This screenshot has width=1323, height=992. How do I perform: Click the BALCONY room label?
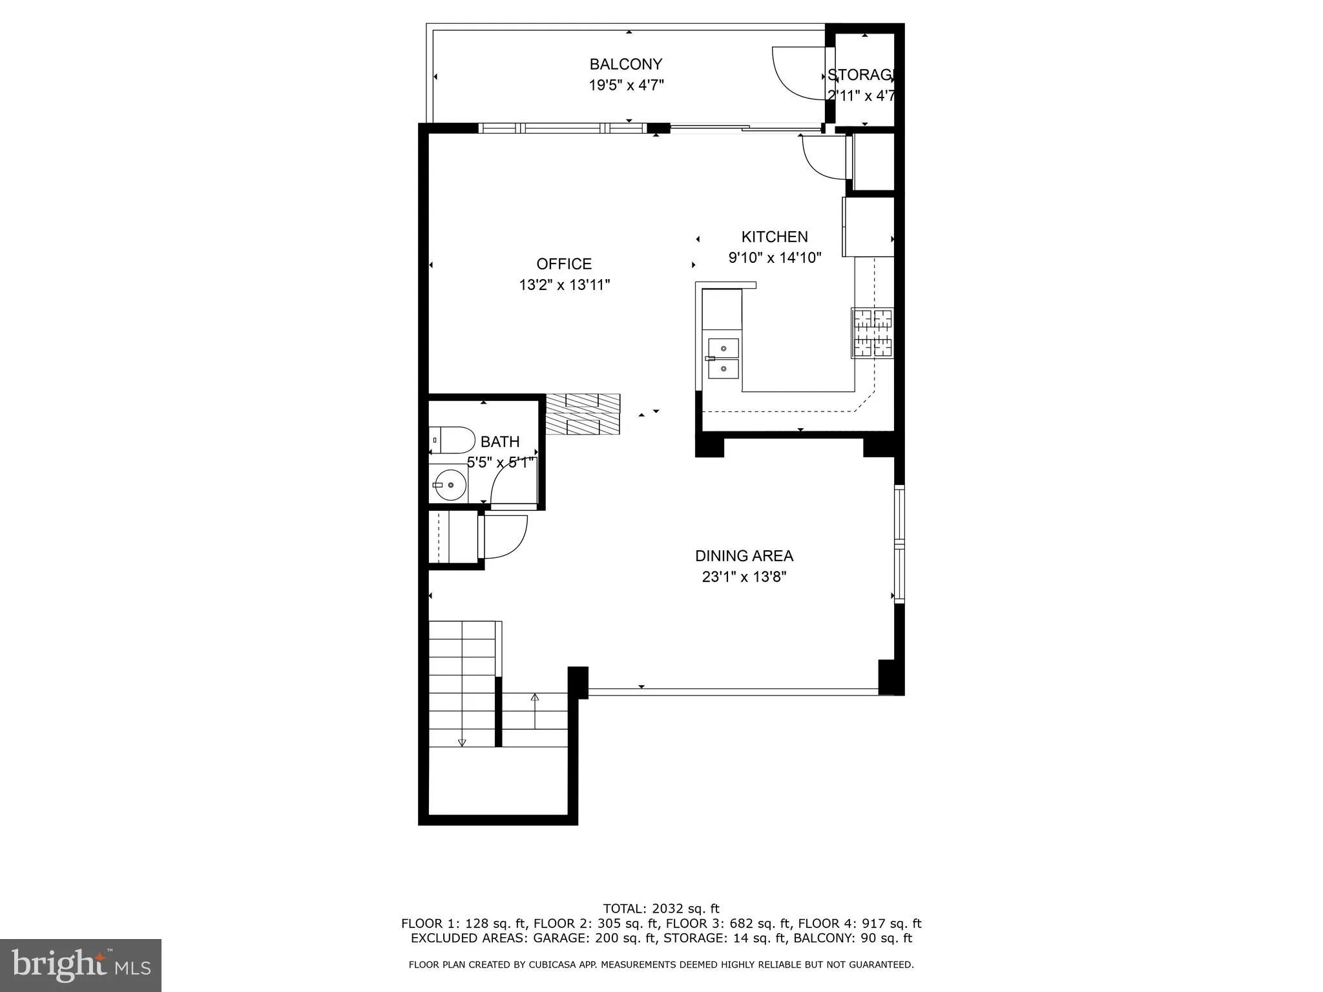click(625, 64)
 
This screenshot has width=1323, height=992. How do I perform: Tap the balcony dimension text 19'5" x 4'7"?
click(625, 85)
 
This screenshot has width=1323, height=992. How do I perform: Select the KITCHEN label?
click(774, 237)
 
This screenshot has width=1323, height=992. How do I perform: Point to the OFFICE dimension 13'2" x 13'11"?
click(564, 285)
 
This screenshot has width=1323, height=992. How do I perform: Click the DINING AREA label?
click(744, 556)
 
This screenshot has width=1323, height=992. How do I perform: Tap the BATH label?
click(500, 442)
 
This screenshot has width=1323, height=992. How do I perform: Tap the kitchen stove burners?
click(873, 333)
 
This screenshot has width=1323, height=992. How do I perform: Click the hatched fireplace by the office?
click(583, 413)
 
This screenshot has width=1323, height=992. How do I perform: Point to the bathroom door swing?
click(513, 486)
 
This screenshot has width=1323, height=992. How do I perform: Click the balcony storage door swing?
click(798, 72)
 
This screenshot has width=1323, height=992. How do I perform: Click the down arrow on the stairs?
click(461, 743)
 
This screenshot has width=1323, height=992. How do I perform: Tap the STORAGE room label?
click(860, 75)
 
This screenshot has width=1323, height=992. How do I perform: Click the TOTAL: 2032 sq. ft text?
click(661, 909)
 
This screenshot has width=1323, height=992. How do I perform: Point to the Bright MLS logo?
click(81, 965)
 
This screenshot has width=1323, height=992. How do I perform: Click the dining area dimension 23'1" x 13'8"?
click(744, 577)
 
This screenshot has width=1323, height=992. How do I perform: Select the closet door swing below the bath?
click(504, 536)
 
